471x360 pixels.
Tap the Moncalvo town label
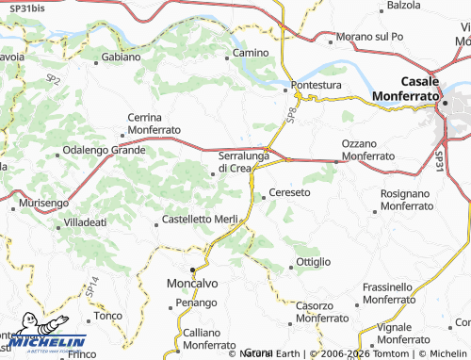point(192,283)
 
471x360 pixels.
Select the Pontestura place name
point(315,84)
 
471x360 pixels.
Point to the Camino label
point(251,53)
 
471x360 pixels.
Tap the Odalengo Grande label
point(104,150)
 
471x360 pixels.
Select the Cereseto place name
point(289,192)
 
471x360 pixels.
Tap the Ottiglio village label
point(314,261)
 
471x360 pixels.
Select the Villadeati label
point(85,221)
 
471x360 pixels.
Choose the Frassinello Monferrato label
point(400,292)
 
